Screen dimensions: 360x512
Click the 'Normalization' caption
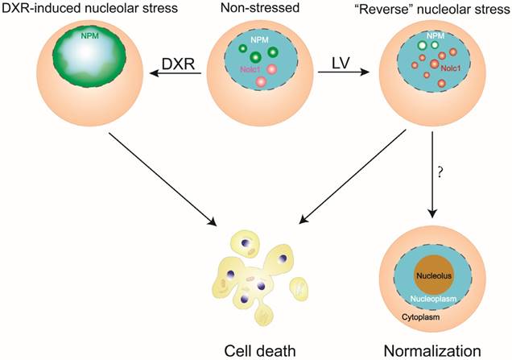tap(436, 348)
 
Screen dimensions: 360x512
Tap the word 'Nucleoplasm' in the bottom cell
tap(436, 299)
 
